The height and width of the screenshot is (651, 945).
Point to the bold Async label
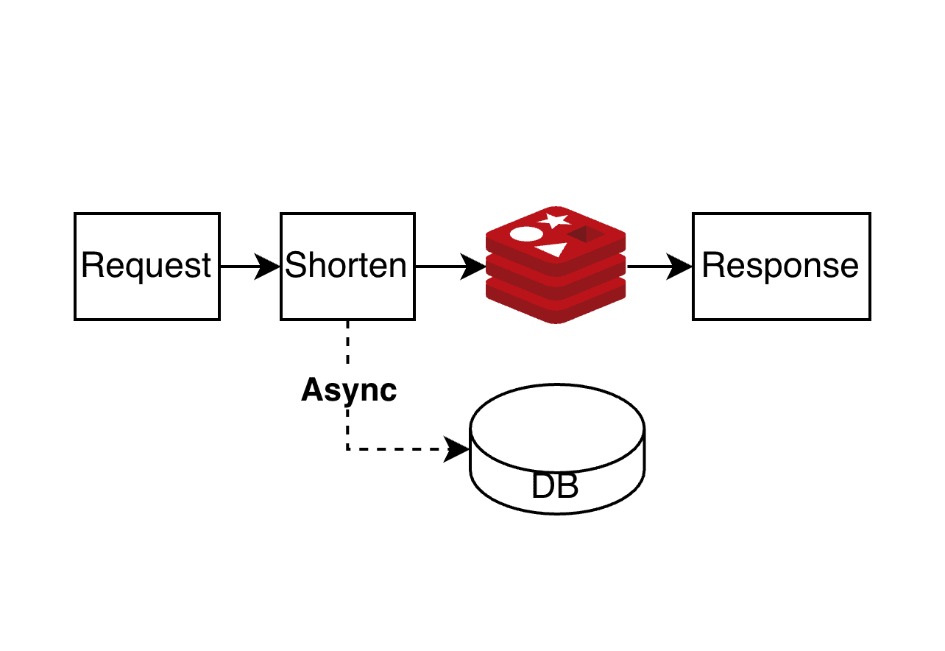click(x=349, y=390)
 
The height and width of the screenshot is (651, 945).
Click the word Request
click(x=146, y=265)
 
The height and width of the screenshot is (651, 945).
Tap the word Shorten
click(x=346, y=265)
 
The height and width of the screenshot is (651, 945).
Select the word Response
click(x=780, y=265)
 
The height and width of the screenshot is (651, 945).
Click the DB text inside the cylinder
click(x=555, y=487)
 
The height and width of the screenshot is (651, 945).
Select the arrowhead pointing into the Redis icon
click(x=474, y=267)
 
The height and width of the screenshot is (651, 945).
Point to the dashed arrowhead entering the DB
click(x=458, y=448)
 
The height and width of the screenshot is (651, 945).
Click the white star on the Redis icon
click(x=553, y=219)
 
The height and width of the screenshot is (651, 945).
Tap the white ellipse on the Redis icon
click(x=526, y=235)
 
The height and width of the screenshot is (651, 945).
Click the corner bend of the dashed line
click(x=347, y=448)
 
